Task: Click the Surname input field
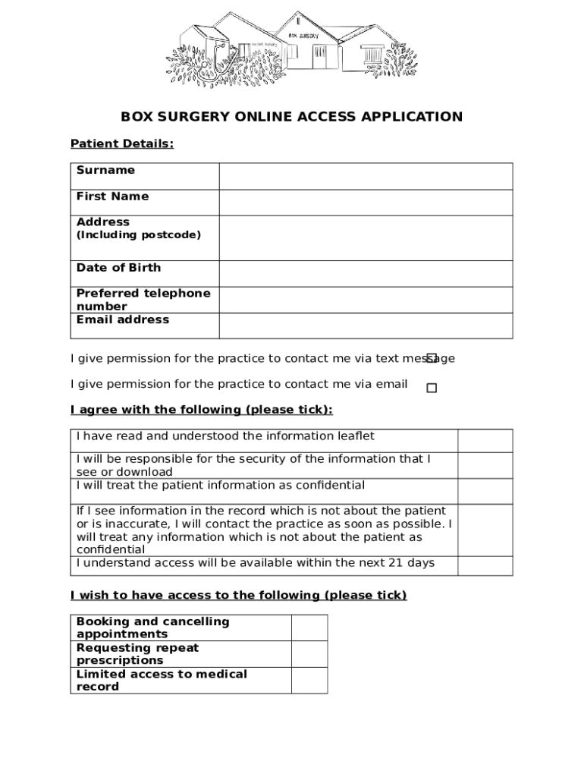(366, 176)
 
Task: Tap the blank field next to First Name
(366, 203)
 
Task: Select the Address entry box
(366, 238)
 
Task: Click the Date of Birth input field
(366, 274)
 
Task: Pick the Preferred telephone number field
(366, 300)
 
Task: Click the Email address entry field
(366, 326)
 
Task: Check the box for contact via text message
(432, 357)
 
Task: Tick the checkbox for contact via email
(432, 388)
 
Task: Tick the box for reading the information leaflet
(485, 441)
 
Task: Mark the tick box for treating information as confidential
(485, 491)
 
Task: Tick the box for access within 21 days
(485, 566)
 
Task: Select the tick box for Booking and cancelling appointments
(309, 628)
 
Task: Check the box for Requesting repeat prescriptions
(309, 654)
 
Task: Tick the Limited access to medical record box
(309, 680)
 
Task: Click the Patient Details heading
(122, 143)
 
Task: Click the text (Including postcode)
(139, 235)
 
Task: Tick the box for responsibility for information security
(485, 465)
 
